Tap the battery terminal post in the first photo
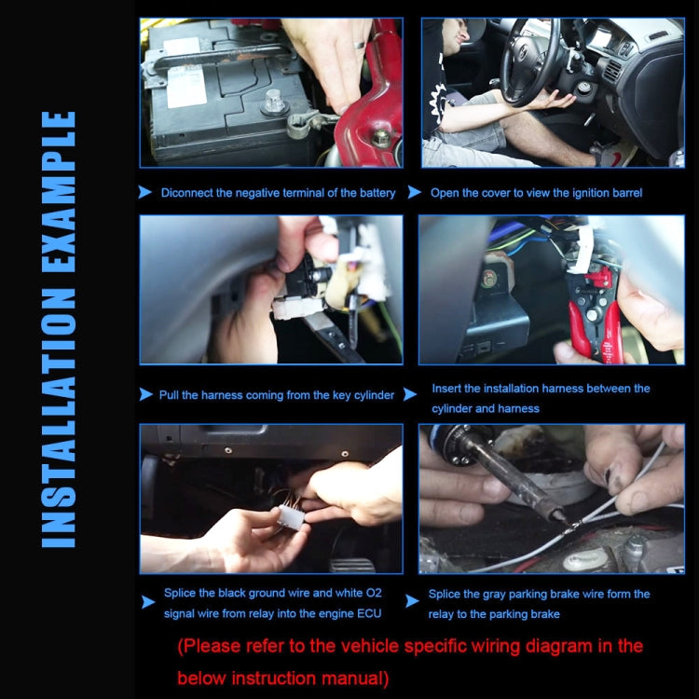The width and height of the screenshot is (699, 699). click(274, 101)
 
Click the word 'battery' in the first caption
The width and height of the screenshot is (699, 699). click(376, 193)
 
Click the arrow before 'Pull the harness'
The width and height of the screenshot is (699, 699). click(145, 394)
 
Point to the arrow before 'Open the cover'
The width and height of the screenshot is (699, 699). click(414, 193)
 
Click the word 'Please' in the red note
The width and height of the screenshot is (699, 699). click(216, 645)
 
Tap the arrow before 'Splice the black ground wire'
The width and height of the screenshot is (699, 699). click(145, 602)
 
